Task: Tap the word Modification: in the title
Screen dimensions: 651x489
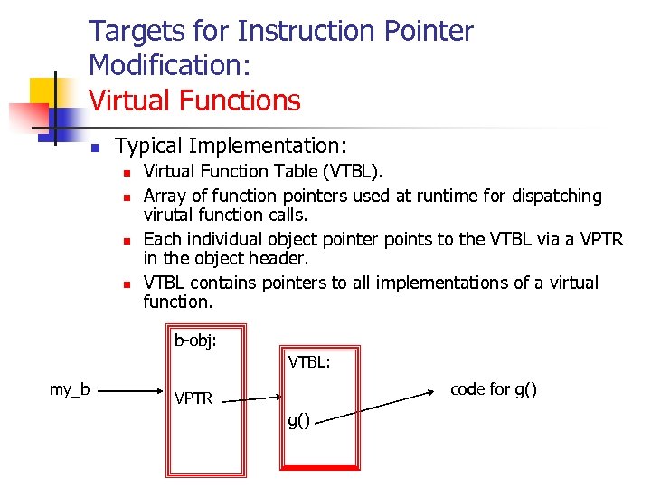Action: (170, 65)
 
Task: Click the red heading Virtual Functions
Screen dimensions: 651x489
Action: (194, 100)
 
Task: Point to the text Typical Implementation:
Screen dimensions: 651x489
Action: (231, 146)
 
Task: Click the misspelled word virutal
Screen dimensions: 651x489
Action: (172, 216)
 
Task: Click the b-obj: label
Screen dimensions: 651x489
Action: (194, 341)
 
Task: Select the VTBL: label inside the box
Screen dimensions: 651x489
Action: (309, 363)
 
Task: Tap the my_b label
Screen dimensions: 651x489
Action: (70, 390)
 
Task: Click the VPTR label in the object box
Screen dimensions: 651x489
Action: (193, 398)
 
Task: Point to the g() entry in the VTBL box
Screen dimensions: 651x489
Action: (298, 419)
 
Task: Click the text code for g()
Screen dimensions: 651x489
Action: (494, 389)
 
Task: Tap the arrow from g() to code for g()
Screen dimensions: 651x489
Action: (373, 405)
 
